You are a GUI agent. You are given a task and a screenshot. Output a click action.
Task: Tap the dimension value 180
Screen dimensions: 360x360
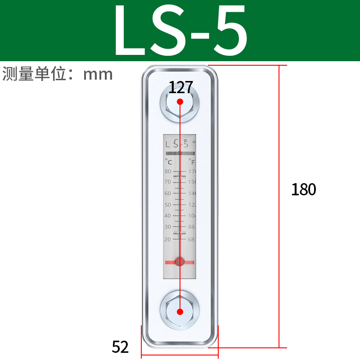click(x=304, y=189)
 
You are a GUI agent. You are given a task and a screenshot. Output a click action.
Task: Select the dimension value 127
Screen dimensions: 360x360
click(x=180, y=87)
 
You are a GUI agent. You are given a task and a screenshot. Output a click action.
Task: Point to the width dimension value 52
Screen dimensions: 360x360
click(x=120, y=347)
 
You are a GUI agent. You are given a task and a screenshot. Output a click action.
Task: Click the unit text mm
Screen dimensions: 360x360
click(x=98, y=74)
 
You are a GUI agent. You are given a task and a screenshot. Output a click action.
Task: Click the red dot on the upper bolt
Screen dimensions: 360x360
click(x=180, y=102)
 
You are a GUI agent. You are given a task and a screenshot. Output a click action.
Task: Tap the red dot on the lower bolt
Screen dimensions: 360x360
click(x=180, y=311)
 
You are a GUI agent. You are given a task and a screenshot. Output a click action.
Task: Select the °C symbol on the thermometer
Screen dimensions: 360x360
click(x=168, y=161)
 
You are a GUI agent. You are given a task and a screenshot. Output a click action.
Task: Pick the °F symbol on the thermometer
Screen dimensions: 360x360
click(x=192, y=161)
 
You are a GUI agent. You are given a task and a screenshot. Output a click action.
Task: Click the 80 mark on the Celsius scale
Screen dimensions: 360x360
click(x=168, y=171)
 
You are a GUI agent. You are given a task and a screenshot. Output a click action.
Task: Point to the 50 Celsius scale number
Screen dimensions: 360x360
click(x=168, y=205)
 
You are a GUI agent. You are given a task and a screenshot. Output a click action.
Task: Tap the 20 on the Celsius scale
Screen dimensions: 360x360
click(x=168, y=239)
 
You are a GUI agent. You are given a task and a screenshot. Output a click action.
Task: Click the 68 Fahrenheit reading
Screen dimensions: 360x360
click(x=191, y=239)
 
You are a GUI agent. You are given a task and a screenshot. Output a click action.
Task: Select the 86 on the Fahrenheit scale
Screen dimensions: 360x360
click(x=191, y=227)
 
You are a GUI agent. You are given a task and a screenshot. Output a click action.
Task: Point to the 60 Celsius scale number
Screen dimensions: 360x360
click(x=168, y=193)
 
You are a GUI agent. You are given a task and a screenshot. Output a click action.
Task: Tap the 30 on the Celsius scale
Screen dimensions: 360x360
click(x=168, y=227)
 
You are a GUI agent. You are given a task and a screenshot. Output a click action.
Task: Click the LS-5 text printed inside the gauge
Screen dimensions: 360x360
click(x=178, y=144)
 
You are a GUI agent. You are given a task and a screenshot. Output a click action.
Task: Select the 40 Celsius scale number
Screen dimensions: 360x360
click(x=168, y=216)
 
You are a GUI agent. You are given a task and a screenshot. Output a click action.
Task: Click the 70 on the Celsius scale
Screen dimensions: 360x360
click(x=168, y=182)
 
